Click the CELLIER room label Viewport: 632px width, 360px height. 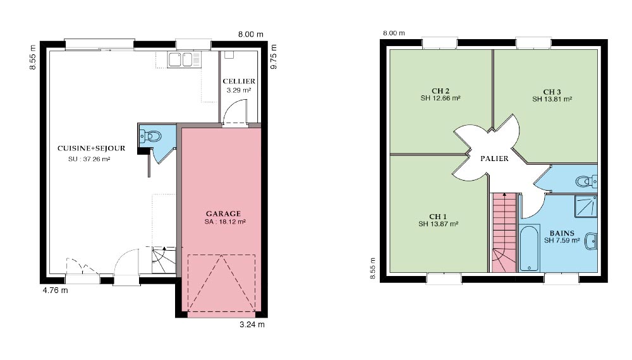[239, 81]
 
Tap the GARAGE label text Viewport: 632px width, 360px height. [223, 213]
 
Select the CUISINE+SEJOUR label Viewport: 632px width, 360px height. [91, 148]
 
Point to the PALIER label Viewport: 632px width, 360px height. [494, 159]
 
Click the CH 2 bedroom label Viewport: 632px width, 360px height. [440, 91]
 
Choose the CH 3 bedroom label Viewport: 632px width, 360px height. [552, 92]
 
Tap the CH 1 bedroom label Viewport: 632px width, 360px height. [438, 217]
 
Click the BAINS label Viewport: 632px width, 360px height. [562, 233]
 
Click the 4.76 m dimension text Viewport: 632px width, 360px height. [55, 291]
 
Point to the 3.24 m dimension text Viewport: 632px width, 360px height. [252, 325]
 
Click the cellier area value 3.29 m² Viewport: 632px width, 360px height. [239, 90]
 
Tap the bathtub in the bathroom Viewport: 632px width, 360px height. [529, 248]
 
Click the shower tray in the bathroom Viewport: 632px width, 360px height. [585, 206]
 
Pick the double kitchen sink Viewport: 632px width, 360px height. [180, 59]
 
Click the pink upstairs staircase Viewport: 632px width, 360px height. [504, 233]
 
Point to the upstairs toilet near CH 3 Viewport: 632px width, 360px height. [586, 181]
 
